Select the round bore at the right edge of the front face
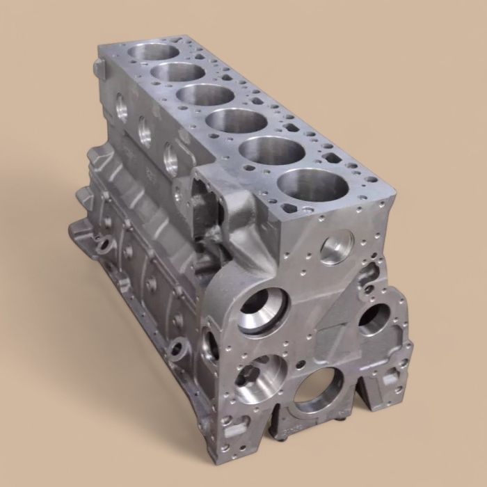[376, 318]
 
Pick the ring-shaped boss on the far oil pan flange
[104, 246]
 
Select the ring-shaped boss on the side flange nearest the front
[179, 346]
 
